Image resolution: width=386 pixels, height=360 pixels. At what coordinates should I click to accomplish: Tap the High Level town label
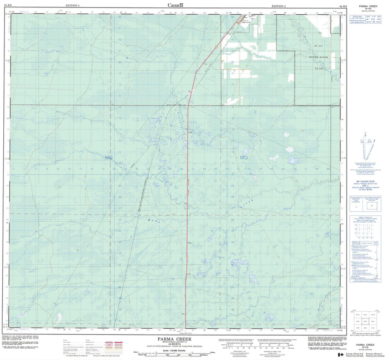[246, 23]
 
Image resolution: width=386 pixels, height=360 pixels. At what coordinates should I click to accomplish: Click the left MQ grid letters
[109, 157]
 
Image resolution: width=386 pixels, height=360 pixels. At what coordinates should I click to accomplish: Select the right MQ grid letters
[244, 157]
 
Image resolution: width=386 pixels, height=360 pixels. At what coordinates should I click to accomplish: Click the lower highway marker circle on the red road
[187, 257]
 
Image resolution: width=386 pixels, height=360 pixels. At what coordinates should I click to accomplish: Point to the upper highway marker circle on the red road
[216, 47]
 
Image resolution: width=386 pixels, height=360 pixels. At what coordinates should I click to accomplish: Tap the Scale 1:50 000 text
[170, 351]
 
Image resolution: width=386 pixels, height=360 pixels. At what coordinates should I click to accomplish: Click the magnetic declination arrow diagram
[365, 147]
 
